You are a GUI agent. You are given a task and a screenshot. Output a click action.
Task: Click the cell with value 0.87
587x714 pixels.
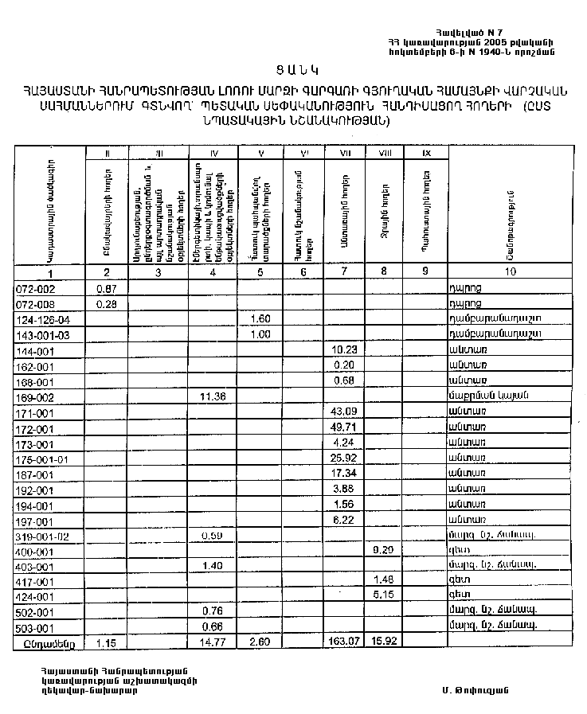(x=106, y=288)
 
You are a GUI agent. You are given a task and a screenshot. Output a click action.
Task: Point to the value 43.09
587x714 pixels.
(x=344, y=411)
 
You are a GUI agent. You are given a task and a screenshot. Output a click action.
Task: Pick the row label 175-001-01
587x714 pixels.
(x=42, y=458)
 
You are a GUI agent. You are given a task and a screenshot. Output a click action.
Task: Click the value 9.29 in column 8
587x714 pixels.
(x=384, y=550)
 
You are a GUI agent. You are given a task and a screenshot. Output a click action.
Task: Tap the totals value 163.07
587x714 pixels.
(x=344, y=642)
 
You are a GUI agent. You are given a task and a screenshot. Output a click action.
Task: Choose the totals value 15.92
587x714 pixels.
(x=384, y=642)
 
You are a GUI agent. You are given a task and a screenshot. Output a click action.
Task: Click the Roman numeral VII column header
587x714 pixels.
(x=345, y=152)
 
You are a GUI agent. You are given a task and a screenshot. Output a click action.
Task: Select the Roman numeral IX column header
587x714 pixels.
(x=426, y=152)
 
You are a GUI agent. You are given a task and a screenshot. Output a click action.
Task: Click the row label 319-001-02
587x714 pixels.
(x=42, y=536)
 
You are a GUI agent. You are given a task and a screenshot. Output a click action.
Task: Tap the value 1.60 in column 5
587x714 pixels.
(x=260, y=319)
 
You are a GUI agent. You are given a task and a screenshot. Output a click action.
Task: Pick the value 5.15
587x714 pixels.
(x=384, y=595)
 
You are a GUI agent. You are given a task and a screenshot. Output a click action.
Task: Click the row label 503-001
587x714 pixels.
(x=33, y=626)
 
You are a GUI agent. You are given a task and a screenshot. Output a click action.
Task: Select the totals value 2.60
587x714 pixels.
(x=260, y=642)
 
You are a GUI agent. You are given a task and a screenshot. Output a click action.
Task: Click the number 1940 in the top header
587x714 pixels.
(x=498, y=52)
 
